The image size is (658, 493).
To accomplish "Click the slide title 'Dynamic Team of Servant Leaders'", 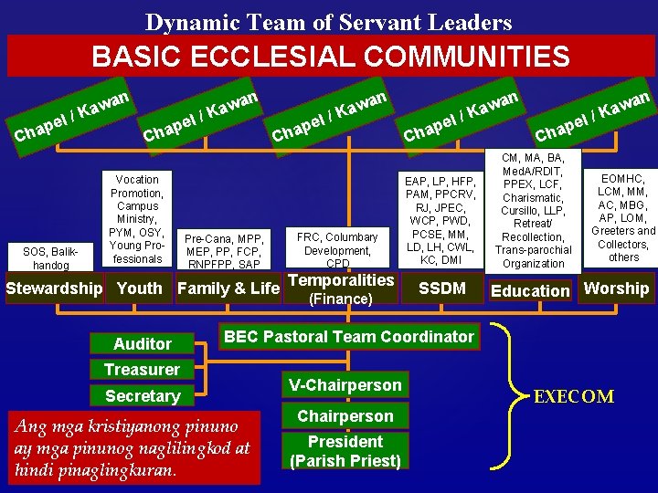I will [329, 22].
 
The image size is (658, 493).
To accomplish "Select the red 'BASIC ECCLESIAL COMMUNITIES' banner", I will [329, 57].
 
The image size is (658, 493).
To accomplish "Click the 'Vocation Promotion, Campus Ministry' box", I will [137, 219].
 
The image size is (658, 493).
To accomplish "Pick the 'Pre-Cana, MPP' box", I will [224, 250].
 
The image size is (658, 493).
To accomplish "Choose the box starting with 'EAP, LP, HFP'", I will [441, 221].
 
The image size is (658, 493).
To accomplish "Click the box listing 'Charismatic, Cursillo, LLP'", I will [534, 210].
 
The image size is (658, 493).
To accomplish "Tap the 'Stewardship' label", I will [55, 288].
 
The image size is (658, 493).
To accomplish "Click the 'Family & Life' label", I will [228, 288].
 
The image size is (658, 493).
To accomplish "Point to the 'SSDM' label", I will [441, 288].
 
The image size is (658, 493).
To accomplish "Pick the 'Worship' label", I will [616, 288].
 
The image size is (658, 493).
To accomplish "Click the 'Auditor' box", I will [142, 344].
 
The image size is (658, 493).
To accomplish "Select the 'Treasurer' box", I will [142, 370].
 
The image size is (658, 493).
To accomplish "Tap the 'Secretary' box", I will [142, 396].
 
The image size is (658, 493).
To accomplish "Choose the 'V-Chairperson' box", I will [345, 385].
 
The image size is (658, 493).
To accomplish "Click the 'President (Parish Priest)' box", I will [345, 451].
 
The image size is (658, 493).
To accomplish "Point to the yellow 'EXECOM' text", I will [574, 396].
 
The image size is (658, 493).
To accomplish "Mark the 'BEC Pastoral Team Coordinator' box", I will [349, 337].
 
